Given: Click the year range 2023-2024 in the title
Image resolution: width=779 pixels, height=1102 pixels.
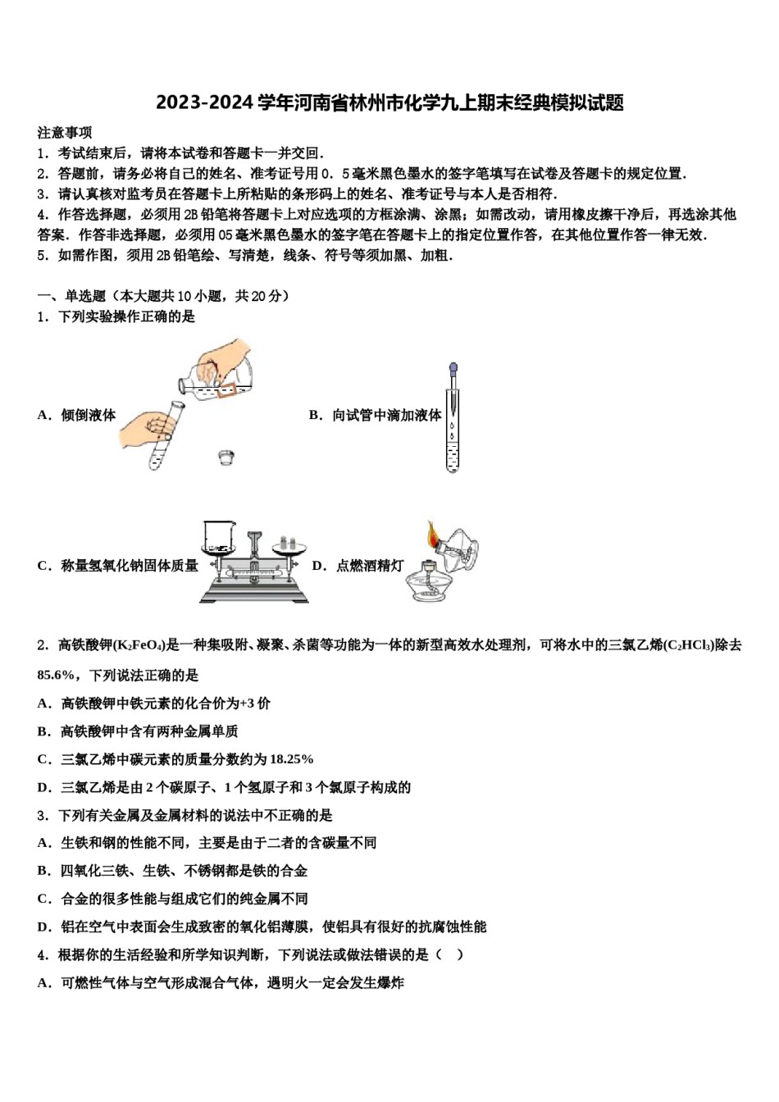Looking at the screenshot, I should [x=204, y=103].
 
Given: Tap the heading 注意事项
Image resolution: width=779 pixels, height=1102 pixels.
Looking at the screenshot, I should [x=65, y=133].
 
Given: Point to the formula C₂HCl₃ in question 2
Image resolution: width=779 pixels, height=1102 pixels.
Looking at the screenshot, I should [x=688, y=645].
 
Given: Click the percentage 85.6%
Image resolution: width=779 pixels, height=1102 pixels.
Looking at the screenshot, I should [x=56, y=675].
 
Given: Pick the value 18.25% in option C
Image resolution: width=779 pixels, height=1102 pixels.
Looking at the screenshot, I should [x=291, y=759].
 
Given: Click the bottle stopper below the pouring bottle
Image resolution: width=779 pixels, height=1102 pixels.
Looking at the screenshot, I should [x=227, y=457].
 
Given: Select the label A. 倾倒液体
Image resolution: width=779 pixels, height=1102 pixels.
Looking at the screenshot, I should [x=77, y=415].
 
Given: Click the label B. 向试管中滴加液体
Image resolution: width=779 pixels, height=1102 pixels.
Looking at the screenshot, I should [x=376, y=415].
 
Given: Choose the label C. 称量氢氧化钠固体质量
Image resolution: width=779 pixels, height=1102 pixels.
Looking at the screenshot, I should [x=118, y=566].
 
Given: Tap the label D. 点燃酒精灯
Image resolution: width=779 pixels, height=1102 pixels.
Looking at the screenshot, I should [x=358, y=566].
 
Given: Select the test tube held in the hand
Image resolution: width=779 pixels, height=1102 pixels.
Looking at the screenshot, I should [x=166, y=435].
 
